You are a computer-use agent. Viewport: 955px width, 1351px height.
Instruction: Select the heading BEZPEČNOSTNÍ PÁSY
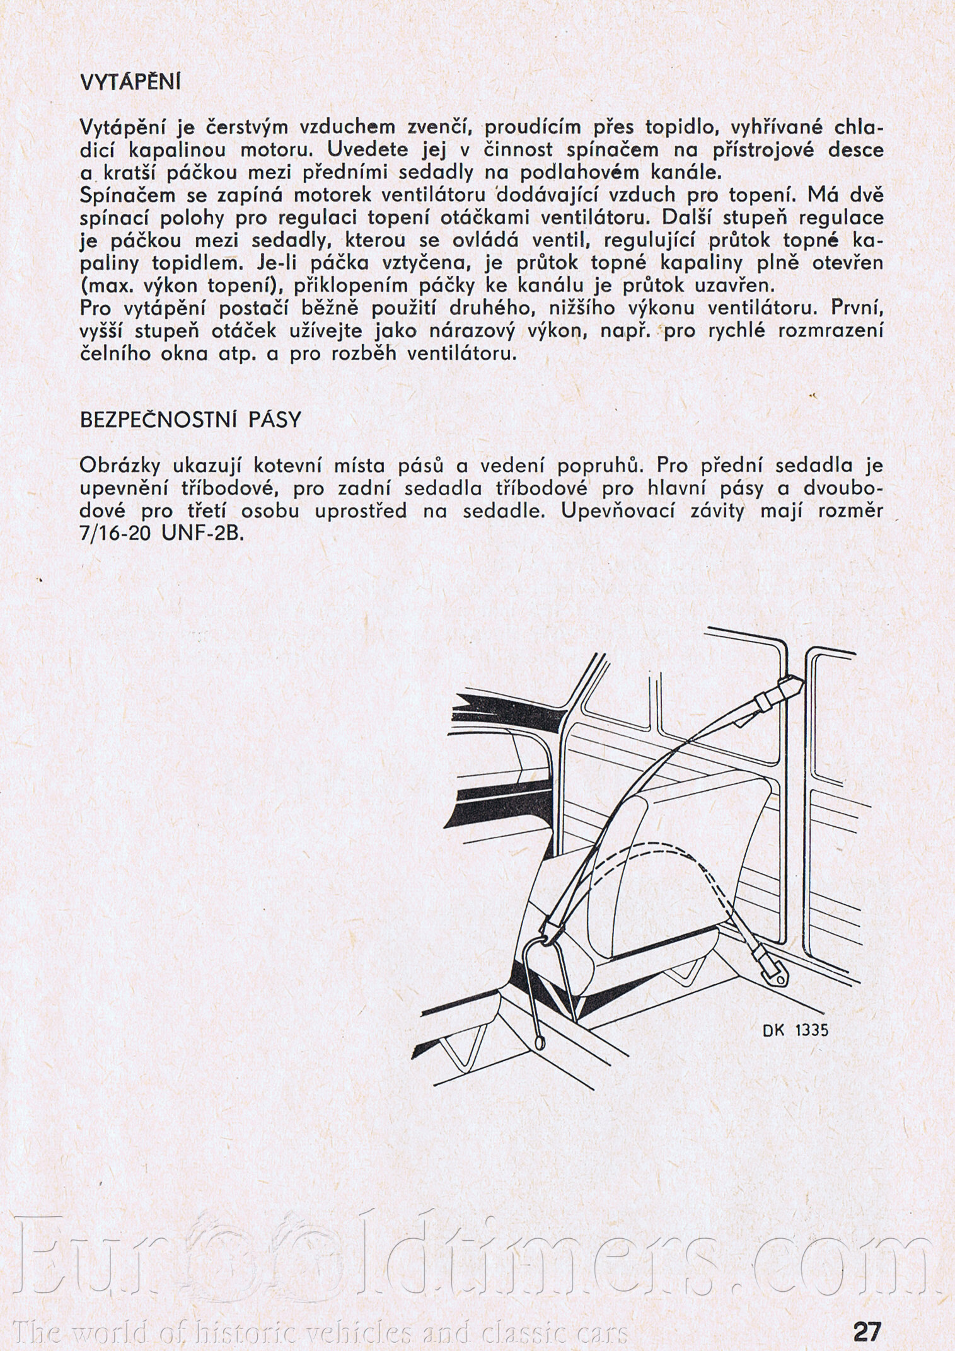[x=190, y=420]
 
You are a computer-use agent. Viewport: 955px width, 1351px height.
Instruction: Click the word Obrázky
[x=121, y=466]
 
